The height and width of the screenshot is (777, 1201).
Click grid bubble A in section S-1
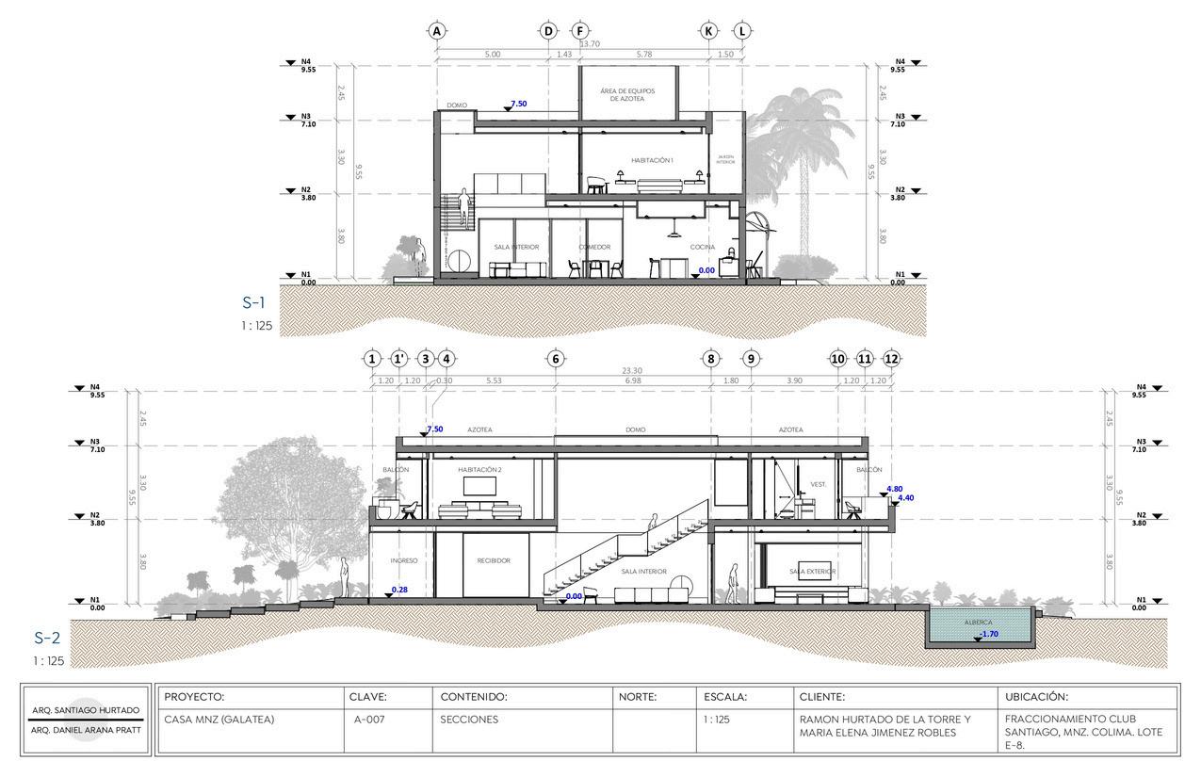point(436,30)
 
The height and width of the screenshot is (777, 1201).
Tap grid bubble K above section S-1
point(709,30)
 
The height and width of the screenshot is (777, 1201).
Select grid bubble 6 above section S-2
point(555,359)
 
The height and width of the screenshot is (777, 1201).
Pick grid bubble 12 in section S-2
point(891,359)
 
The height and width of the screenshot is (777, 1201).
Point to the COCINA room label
point(702,248)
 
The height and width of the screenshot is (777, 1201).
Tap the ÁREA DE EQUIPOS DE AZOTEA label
point(627,94)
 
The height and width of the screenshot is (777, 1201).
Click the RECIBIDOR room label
point(494,560)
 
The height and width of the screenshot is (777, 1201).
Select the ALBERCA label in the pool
point(978,623)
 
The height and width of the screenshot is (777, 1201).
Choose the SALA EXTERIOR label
point(813,572)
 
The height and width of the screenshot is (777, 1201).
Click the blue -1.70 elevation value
point(989,634)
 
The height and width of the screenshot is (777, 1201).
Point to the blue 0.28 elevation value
point(400,590)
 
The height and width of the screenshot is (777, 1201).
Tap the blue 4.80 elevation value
point(895,489)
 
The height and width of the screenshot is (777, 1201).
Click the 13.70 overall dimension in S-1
point(590,44)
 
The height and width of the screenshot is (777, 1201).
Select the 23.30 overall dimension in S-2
point(631,371)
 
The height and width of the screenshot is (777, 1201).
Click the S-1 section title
point(253,303)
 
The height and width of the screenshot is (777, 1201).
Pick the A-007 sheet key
point(367,720)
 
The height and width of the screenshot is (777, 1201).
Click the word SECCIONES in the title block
point(469,720)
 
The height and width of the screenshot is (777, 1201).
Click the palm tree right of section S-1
point(801,141)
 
